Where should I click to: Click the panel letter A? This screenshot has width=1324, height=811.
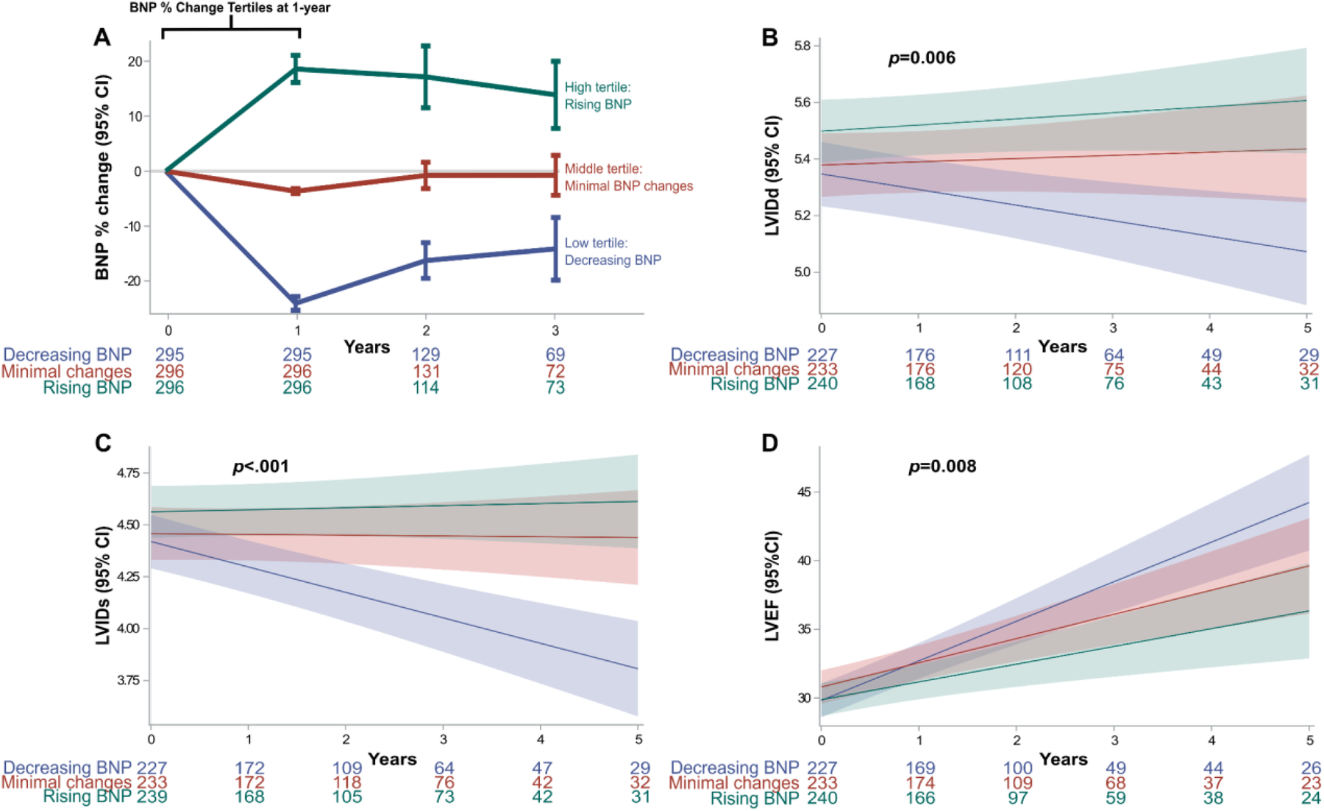coord(102,38)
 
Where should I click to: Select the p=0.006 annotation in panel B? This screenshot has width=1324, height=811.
coord(922,57)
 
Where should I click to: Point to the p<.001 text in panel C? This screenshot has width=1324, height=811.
coord(260,467)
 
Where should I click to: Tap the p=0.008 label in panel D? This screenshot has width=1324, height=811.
coord(942,467)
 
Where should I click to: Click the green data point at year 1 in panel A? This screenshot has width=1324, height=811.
coord(296,69)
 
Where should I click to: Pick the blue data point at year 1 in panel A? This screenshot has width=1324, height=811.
coord(296,302)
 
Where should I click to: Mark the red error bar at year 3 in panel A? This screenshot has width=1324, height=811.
coord(555,175)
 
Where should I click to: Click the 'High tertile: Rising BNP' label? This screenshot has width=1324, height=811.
coord(597,96)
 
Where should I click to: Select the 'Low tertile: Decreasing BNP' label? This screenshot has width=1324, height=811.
coord(612,252)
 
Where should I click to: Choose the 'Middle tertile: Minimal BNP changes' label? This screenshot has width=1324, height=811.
coord(628,177)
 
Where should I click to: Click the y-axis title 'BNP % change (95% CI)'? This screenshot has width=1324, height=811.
coord(102,177)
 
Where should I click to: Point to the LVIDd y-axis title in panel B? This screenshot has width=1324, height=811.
coord(772,176)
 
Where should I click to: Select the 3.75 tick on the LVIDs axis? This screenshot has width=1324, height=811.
coord(127,681)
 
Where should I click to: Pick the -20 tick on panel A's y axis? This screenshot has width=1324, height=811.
coord(133,281)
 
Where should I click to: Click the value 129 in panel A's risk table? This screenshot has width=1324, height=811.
coord(426,355)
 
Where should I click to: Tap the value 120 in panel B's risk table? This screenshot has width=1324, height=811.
coord(1017,369)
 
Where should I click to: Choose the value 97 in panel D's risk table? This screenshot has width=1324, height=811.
coord(1018,798)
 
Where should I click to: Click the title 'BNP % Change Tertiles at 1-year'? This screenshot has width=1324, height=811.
coord(229,8)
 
